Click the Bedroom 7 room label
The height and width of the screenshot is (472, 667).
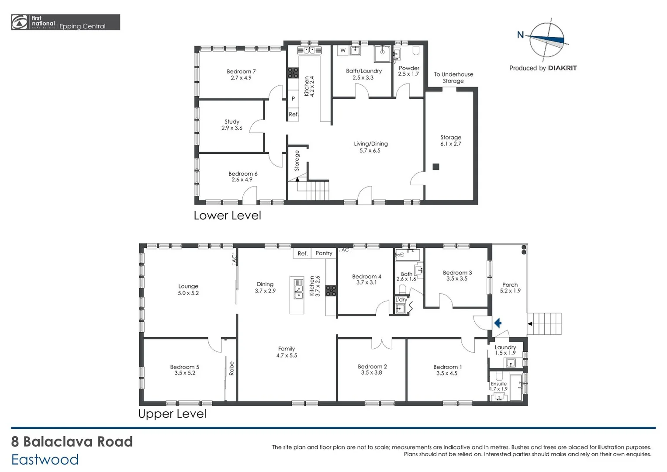(x=241, y=75)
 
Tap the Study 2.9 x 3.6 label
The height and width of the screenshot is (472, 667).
(x=232, y=125)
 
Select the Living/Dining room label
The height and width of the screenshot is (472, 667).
(x=370, y=147)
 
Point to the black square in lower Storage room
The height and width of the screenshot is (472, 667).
(x=435, y=167)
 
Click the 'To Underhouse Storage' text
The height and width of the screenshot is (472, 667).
(x=453, y=77)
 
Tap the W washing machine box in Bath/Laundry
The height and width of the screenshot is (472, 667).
(x=343, y=51)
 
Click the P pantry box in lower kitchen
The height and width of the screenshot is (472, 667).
(x=293, y=99)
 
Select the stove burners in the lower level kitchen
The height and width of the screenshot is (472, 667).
(x=293, y=73)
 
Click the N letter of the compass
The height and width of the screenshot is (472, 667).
(x=520, y=35)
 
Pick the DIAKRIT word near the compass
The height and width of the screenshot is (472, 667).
(x=562, y=68)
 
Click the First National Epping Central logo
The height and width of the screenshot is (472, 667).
(x=66, y=22)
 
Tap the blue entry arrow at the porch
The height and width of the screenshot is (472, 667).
(x=498, y=323)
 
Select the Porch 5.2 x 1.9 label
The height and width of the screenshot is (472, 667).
(x=510, y=288)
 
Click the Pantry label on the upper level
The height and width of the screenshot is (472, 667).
(x=324, y=253)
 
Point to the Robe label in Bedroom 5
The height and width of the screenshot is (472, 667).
(x=232, y=368)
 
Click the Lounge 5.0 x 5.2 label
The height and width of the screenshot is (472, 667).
(x=188, y=290)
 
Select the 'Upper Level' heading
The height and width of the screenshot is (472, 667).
(x=172, y=414)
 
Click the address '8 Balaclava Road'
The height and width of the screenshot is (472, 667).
(x=72, y=442)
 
